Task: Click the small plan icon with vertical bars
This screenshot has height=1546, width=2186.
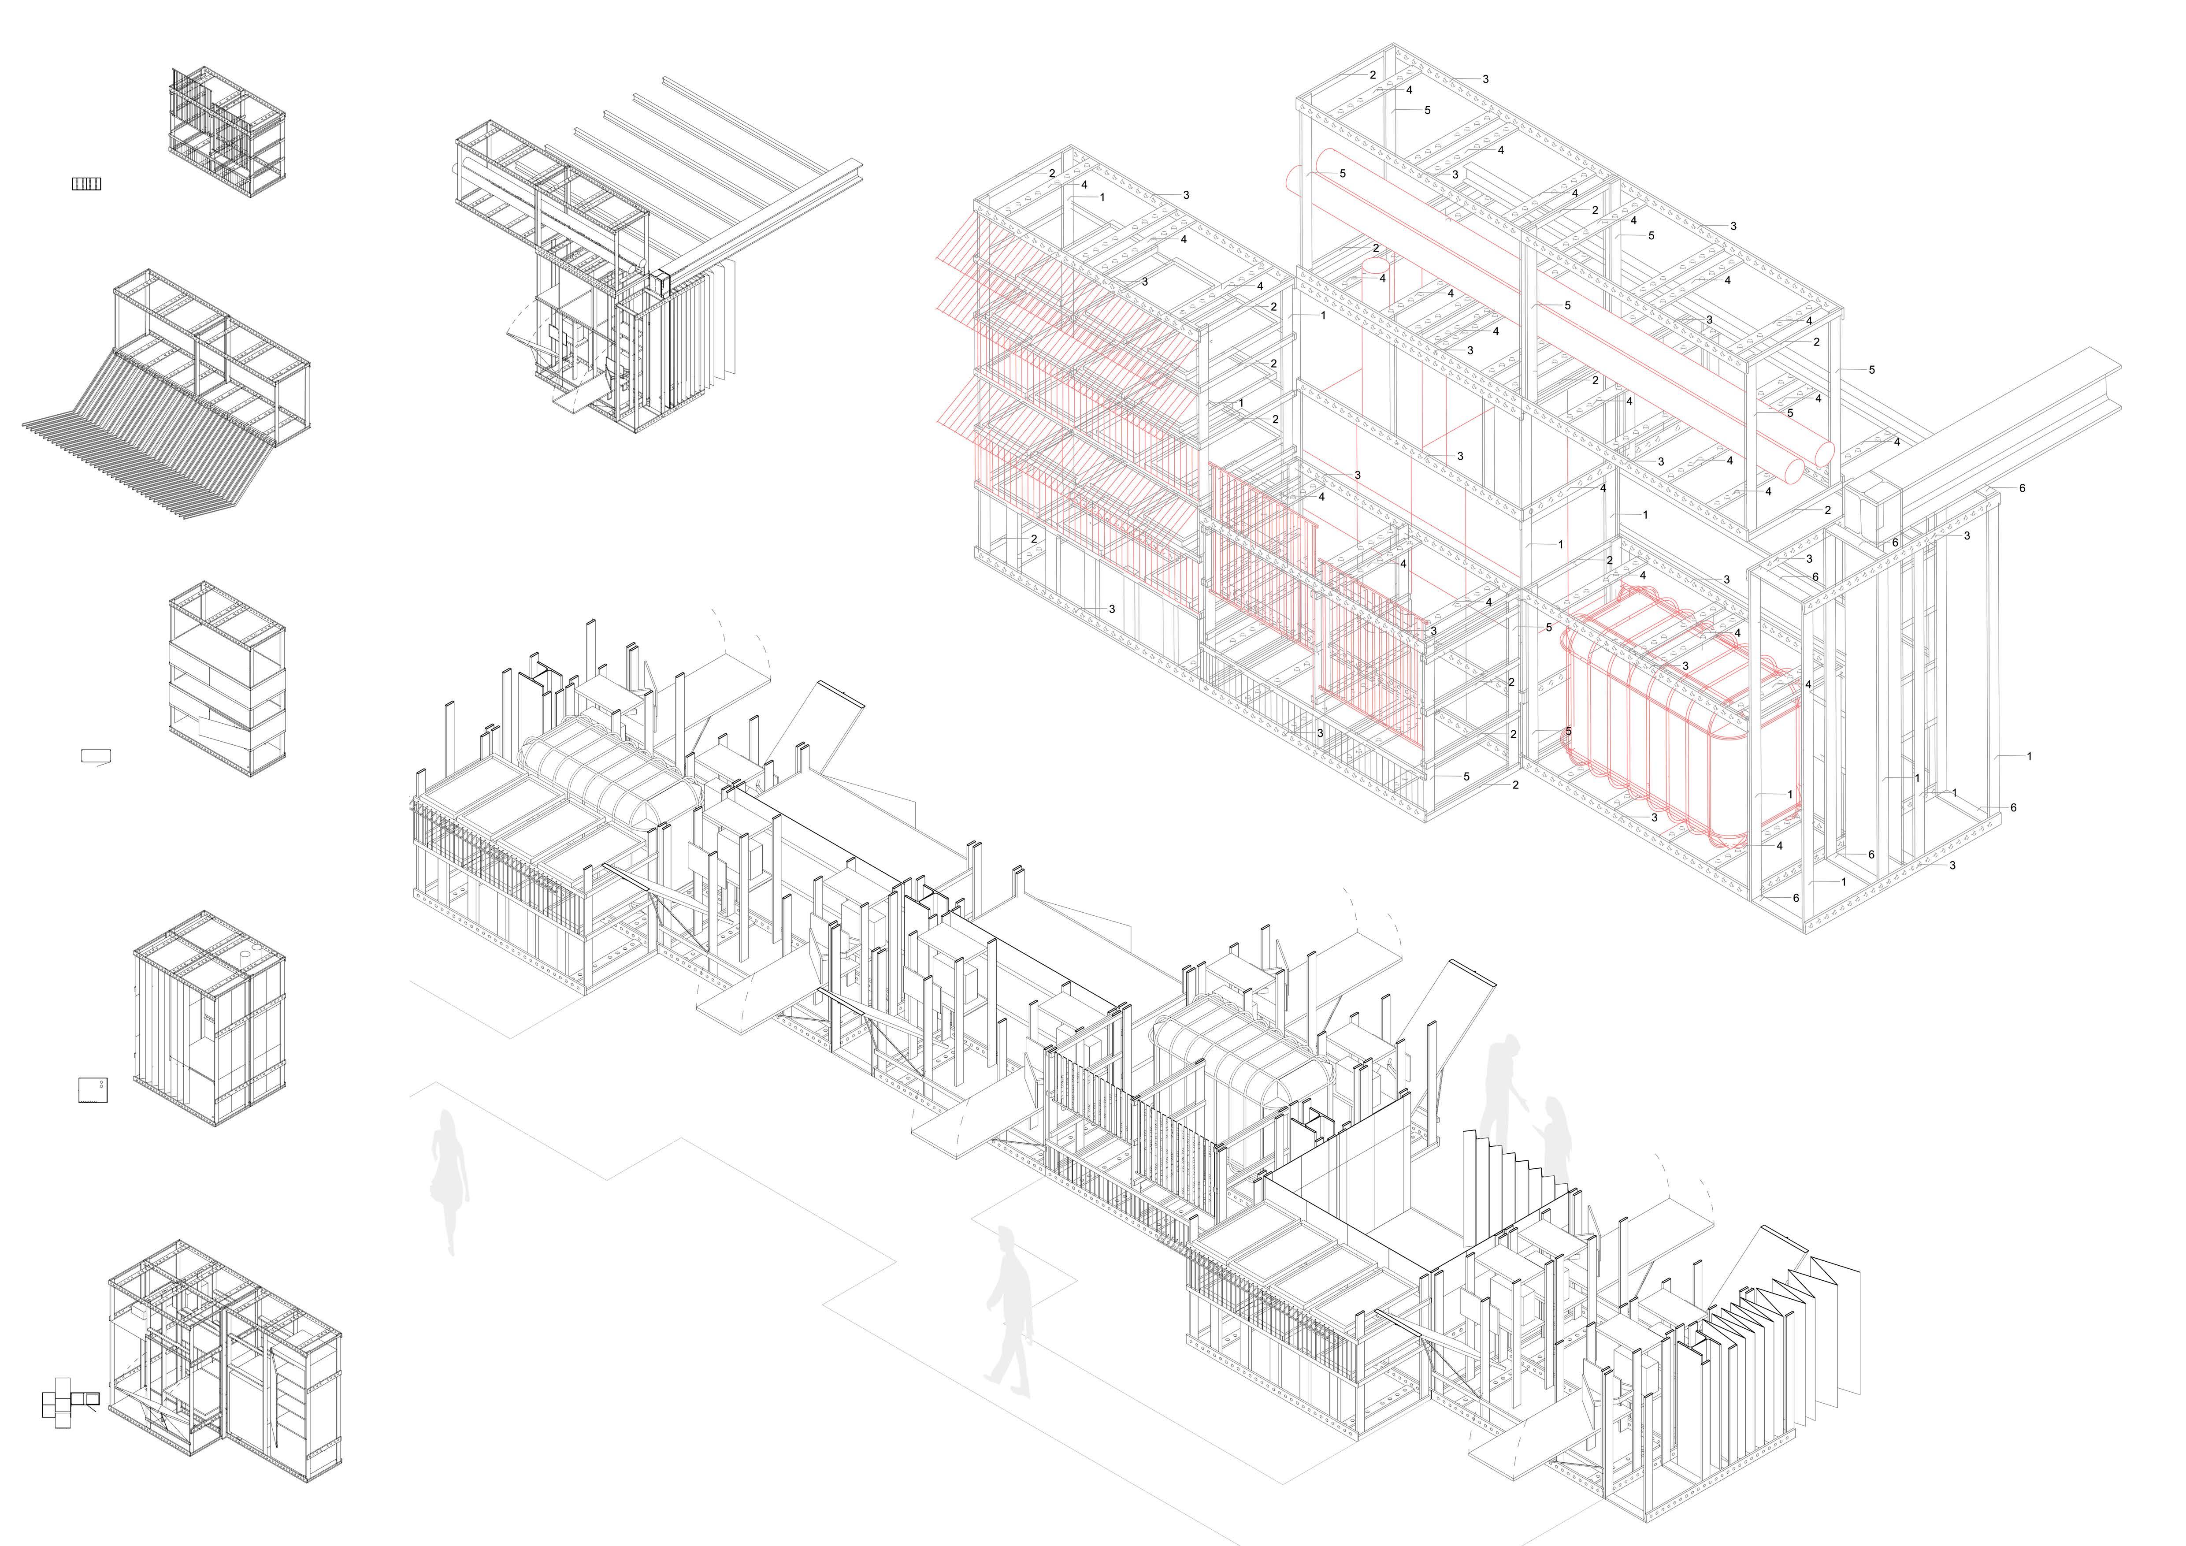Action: pos(87,184)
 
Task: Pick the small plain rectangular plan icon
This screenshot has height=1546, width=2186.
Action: pos(96,757)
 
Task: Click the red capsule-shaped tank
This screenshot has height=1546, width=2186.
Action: pos(1681,714)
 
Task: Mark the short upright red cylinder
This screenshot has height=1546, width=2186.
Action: pos(1381,267)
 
